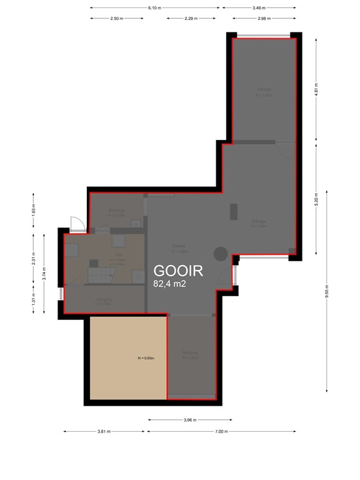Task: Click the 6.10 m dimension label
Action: pyautogui.click(x=155, y=8)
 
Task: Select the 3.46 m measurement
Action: pyautogui.click(x=259, y=8)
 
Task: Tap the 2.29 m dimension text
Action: pyautogui.click(x=192, y=19)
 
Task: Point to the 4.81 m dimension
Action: pyautogui.click(x=317, y=88)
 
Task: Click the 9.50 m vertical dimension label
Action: pyautogui.click(x=326, y=291)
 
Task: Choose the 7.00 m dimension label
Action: pyautogui.click(x=221, y=431)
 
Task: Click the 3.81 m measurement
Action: pyautogui.click(x=104, y=431)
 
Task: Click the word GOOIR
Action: pyautogui.click(x=178, y=271)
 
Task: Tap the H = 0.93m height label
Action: pyautogui.click(x=146, y=358)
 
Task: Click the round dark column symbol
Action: pyautogui.click(x=221, y=254)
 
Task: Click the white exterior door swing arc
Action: pyautogui.click(x=75, y=222)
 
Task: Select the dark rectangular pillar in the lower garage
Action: pyautogui.click(x=234, y=212)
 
